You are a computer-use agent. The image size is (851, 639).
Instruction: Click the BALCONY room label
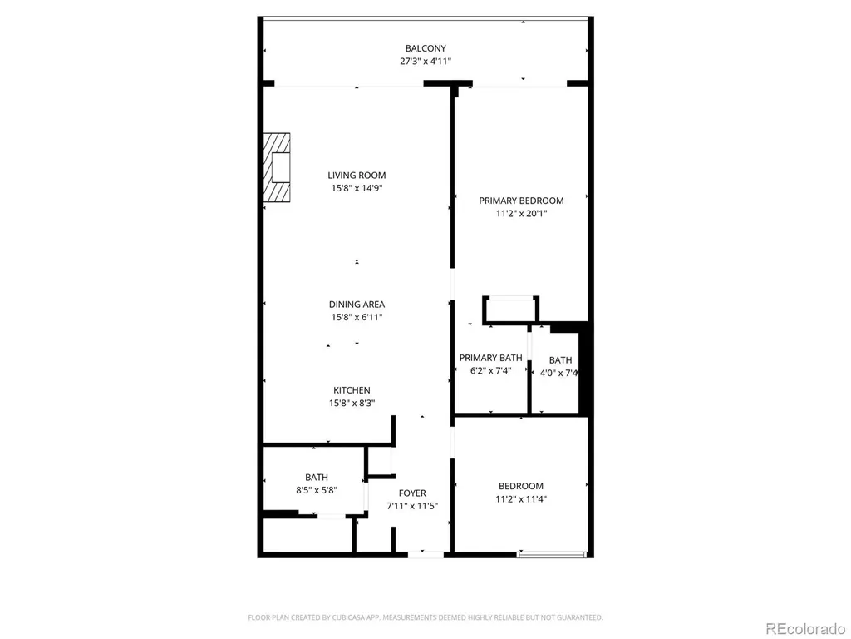[x=425, y=48]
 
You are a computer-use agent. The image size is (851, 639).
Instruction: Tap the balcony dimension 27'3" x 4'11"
[x=425, y=62]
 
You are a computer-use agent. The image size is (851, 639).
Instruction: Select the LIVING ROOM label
[x=357, y=175]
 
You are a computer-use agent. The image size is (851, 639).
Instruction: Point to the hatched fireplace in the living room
[x=277, y=167]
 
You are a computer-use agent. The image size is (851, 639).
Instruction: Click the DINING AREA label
[x=357, y=305]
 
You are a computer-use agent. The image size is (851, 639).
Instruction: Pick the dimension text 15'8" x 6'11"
[x=357, y=317]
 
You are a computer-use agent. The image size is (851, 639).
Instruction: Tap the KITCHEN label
[x=352, y=390]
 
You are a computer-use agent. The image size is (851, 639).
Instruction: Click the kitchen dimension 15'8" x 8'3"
[x=352, y=404]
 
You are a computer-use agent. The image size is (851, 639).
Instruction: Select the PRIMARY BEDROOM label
[x=521, y=201]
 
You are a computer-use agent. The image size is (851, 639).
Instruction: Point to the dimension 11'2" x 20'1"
[x=521, y=214]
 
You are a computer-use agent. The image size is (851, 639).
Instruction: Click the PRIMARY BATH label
[x=490, y=358]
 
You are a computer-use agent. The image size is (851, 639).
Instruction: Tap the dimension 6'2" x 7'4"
[x=490, y=370]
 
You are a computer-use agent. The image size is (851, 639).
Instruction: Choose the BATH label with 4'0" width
[x=560, y=360]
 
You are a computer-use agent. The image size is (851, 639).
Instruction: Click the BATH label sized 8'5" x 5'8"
[x=317, y=477]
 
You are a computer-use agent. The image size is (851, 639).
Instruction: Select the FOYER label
[x=412, y=493]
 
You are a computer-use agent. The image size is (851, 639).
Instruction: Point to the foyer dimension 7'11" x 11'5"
[x=412, y=506]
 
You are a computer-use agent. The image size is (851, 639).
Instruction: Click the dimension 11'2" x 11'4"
[x=521, y=499]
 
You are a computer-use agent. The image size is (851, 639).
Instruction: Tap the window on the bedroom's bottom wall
[x=552, y=555]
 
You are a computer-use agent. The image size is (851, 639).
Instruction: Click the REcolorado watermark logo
[x=804, y=629]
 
